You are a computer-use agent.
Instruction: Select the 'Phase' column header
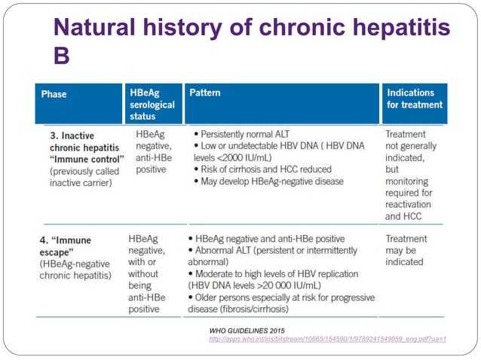54,94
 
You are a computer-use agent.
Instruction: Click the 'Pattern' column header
205,93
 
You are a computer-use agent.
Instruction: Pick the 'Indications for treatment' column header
414,99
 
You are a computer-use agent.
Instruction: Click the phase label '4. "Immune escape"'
69,245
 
